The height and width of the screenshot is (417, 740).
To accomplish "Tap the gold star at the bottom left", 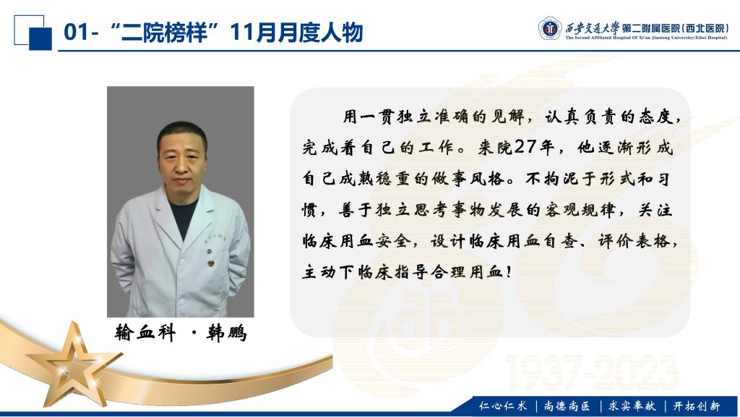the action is click(74, 365).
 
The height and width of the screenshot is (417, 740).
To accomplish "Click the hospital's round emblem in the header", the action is click(550, 28).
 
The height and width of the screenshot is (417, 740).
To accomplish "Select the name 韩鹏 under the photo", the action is click(227, 333).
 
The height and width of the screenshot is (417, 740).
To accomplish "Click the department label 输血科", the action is click(145, 333).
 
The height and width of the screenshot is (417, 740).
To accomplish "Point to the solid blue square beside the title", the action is click(40, 39).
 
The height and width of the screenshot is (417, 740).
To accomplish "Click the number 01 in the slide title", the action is click(76, 33).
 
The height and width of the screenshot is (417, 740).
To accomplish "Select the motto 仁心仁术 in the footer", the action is click(503, 405).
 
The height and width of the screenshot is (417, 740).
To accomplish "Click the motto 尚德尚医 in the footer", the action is click(567, 405).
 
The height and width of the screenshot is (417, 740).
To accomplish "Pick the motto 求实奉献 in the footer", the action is click(632, 405).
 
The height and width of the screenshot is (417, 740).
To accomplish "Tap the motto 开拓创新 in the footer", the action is click(697, 405).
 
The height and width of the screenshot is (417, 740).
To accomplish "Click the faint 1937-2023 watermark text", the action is click(593, 373).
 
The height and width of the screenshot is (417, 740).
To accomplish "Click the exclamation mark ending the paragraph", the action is click(508, 272).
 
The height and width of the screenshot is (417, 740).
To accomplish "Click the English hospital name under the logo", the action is click(646, 38).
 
